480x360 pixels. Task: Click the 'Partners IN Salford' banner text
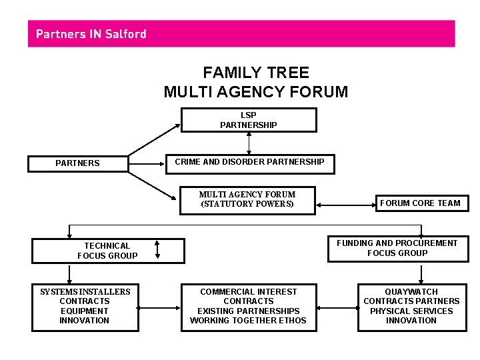click(x=91, y=34)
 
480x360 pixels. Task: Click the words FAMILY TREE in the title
click(x=256, y=73)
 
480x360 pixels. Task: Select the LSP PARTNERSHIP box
click(x=249, y=120)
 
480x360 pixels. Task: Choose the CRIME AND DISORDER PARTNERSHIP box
click(x=249, y=162)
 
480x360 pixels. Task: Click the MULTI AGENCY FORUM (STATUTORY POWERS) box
click(x=247, y=199)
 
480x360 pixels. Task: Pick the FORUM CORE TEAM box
click(x=420, y=203)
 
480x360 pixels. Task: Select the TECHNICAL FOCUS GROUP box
click(x=107, y=251)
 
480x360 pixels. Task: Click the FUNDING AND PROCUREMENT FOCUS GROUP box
click(x=397, y=248)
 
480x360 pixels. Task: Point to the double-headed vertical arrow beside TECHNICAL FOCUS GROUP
click(x=157, y=249)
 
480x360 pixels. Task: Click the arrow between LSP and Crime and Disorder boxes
click(x=249, y=142)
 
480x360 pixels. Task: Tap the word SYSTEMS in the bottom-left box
click(x=59, y=292)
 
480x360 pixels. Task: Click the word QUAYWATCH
click(x=411, y=292)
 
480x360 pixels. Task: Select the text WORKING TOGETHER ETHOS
click(x=248, y=321)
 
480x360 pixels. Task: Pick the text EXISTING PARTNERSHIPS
click(x=248, y=311)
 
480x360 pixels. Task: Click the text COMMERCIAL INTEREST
click(x=249, y=292)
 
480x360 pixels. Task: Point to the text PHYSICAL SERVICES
click(x=411, y=311)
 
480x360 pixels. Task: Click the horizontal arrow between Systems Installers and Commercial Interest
click(x=160, y=308)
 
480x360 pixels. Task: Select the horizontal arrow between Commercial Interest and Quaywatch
click(x=337, y=308)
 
